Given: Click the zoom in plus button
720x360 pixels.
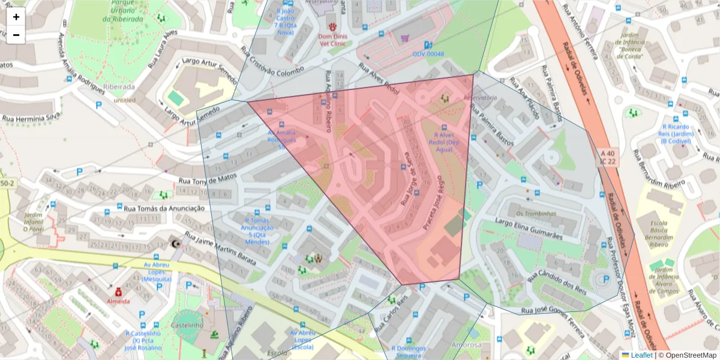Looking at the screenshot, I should pyautogui.click(x=16, y=17).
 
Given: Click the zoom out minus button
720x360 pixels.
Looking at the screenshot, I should pyautogui.click(x=16, y=35).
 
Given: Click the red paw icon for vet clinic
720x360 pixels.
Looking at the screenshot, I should pyautogui.click(x=332, y=26).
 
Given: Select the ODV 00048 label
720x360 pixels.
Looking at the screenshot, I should pyautogui.click(x=428, y=54).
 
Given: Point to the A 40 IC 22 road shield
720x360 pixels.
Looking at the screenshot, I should pyautogui.click(x=607, y=157).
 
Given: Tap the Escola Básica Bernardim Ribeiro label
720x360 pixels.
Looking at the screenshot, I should pyautogui.click(x=663, y=233).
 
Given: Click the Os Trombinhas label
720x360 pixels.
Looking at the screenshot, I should pyautogui.click(x=536, y=213).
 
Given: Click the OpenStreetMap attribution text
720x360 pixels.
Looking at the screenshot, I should pyautogui.click(x=689, y=355).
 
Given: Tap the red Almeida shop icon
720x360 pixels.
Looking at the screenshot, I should pyautogui.click(x=118, y=292).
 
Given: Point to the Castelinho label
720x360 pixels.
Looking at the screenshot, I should pyautogui.click(x=187, y=325).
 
